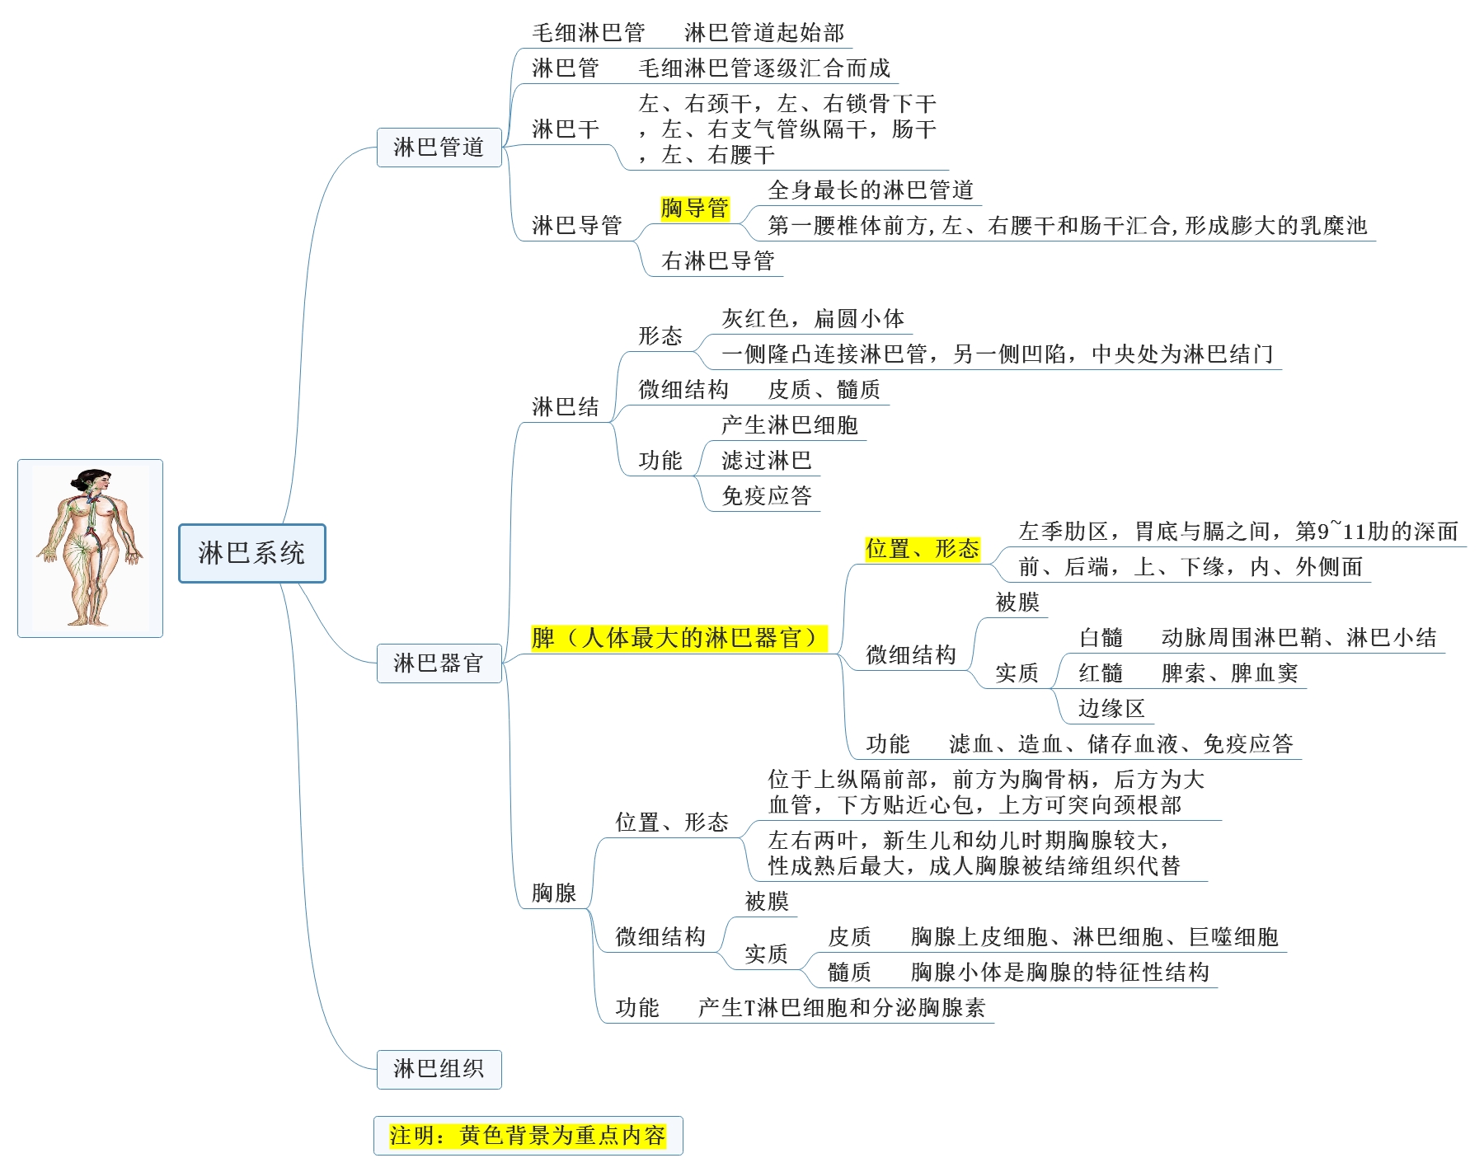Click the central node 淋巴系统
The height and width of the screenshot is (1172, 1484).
click(x=251, y=553)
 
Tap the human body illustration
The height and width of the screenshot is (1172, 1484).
click(x=90, y=548)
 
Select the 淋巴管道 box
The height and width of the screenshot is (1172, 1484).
click(x=439, y=148)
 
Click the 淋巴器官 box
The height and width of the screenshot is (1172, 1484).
click(x=439, y=663)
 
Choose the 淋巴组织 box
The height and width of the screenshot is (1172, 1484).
click(x=439, y=1069)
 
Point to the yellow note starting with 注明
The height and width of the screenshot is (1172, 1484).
click(x=528, y=1136)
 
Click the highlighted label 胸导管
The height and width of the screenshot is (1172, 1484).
click(x=695, y=208)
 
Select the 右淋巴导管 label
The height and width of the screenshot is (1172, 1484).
click(x=718, y=261)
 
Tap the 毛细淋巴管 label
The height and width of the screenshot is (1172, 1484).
click(x=589, y=33)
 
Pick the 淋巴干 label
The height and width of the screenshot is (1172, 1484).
click(x=566, y=129)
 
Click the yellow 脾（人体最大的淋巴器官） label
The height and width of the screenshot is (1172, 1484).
click(x=679, y=638)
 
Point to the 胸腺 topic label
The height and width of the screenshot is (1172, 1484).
click(x=554, y=893)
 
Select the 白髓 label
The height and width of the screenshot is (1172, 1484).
click(x=1101, y=638)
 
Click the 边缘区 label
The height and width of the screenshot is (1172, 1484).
click(x=1111, y=709)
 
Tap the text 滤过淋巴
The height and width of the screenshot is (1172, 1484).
click(x=767, y=461)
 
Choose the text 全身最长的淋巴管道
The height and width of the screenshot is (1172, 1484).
click(x=871, y=190)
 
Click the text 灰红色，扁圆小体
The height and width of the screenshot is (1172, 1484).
click(x=813, y=319)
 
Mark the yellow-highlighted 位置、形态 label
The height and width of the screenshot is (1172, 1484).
click(x=922, y=549)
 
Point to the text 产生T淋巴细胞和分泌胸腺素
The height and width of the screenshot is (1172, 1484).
click(x=841, y=1008)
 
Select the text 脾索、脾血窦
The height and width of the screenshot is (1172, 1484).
click(x=1229, y=673)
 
